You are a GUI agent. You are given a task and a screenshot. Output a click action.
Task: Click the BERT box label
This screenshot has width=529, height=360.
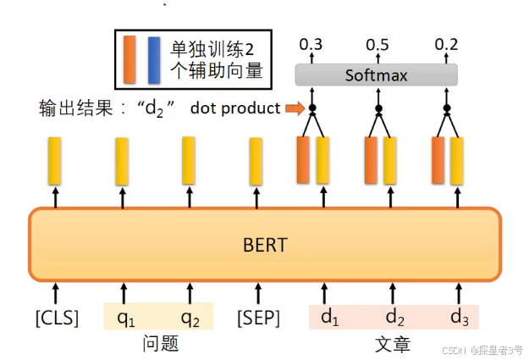(265, 245)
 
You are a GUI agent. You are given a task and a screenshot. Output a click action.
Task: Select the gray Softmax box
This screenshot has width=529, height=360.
(376, 75)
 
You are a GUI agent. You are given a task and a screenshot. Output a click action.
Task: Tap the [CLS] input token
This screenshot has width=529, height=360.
(57, 318)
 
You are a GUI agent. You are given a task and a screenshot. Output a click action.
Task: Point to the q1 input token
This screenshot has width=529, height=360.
(125, 318)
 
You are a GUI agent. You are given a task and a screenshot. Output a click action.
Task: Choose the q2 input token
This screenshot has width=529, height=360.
(190, 318)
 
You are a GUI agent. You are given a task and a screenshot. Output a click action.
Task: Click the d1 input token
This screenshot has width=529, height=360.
(329, 318)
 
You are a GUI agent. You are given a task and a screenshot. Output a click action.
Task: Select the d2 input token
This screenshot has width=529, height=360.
(394, 318)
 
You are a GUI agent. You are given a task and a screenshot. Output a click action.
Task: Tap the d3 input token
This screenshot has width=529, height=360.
(459, 318)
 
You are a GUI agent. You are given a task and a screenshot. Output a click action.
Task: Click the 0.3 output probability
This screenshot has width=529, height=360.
(311, 43)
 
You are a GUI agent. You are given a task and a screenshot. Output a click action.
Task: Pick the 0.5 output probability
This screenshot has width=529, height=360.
(377, 43)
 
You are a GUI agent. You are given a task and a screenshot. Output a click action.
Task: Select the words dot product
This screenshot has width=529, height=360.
(235, 108)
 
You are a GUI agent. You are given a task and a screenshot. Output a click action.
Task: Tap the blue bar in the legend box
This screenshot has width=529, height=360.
(153, 59)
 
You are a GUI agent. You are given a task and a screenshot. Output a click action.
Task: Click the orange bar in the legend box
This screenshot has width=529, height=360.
(129, 59)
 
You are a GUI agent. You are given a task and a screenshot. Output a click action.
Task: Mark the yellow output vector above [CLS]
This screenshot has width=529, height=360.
(55, 161)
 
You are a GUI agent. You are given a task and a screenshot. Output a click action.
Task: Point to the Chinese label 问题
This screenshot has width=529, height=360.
(159, 344)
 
